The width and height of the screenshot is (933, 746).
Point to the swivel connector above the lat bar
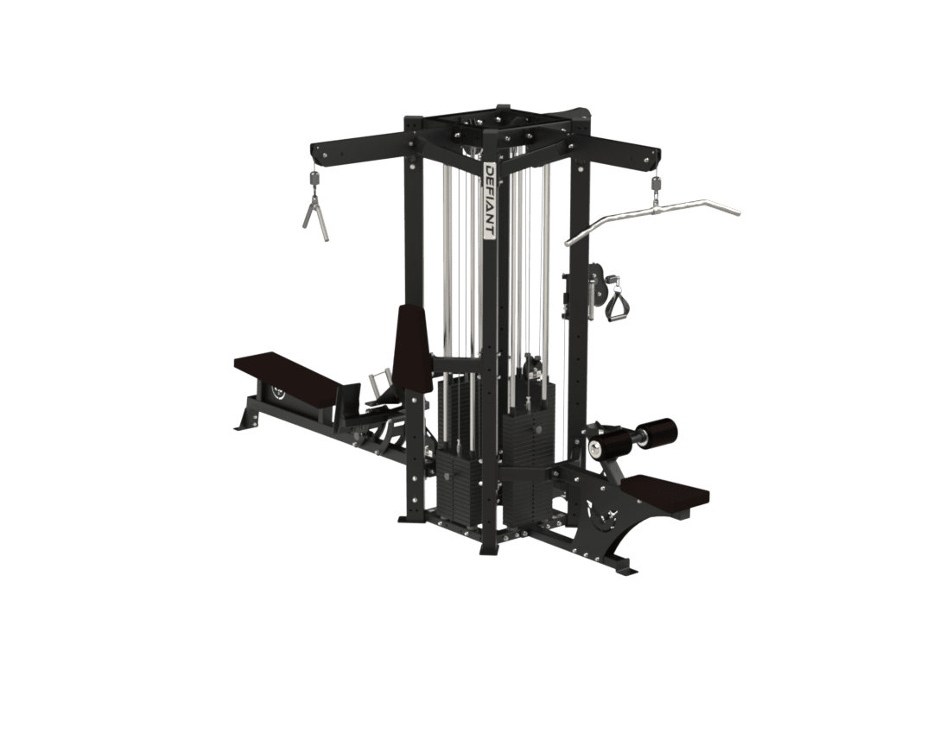click(657, 186)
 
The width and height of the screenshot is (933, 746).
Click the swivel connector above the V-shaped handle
click(314, 178)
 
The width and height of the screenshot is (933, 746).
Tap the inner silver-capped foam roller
click(605, 445)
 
